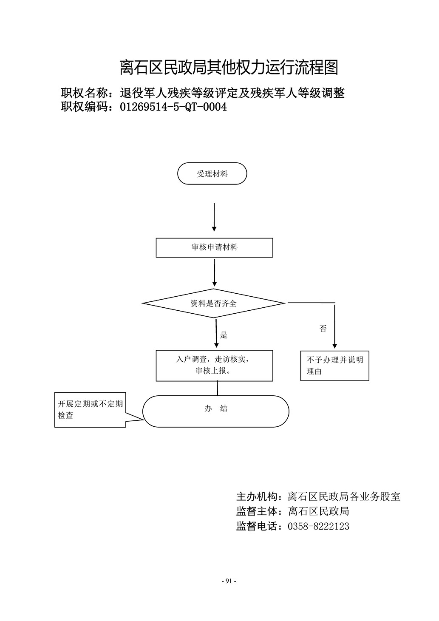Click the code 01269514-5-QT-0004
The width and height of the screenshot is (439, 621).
(173, 107)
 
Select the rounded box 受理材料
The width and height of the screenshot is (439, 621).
(212, 173)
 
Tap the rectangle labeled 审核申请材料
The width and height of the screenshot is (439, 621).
(214, 247)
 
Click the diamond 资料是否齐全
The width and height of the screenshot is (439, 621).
(213, 303)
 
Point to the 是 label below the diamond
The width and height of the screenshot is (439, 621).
(224, 335)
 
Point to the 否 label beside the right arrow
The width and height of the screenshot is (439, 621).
(323, 329)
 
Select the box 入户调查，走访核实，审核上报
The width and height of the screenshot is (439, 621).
(214, 366)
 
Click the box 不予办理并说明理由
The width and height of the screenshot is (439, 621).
(334, 366)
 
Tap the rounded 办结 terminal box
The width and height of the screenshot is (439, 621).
(215, 411)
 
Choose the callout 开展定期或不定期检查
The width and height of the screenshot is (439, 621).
(90, 410)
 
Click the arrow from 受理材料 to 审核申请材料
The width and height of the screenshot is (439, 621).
(214, 217)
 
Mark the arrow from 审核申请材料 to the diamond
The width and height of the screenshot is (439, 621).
(215, 272)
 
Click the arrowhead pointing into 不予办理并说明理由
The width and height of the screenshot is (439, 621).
(334, 346)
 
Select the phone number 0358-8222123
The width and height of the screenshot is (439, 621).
(318, 526)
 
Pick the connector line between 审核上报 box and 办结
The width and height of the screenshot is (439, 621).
(217, 388)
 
